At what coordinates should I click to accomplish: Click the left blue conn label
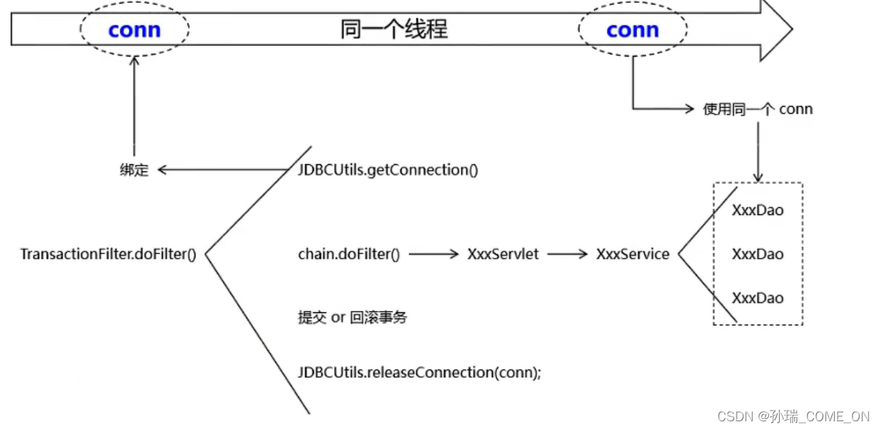134,30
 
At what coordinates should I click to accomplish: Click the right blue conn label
632,30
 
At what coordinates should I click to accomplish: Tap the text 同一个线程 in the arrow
394,29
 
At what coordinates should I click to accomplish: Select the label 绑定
134,170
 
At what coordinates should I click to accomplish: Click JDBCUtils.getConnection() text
387,170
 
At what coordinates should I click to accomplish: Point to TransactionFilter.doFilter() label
108,254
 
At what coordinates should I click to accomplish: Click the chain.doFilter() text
349,254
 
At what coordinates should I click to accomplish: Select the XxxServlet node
503,254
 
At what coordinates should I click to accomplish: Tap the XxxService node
632,254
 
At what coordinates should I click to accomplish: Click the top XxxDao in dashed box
758,211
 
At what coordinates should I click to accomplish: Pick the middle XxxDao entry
758,254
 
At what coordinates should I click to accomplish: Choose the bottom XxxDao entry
758,298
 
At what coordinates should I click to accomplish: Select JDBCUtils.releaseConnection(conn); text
419,373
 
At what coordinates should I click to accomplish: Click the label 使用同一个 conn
758,109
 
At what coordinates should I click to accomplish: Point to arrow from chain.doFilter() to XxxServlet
434,254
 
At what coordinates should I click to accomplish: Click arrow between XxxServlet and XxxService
567,254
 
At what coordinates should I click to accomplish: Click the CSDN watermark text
793,416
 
